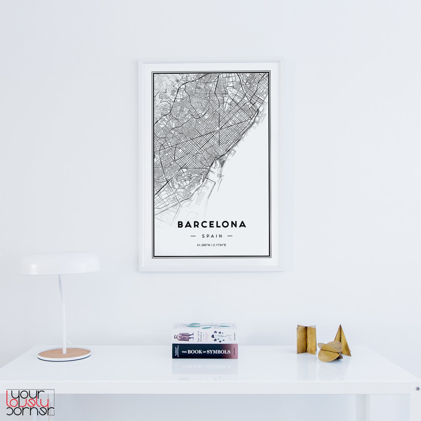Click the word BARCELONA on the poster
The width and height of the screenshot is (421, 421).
(x=212, y=225)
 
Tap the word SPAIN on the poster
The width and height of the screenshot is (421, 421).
(x=212, y=236)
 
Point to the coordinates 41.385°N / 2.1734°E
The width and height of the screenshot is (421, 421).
(x=211, y=245)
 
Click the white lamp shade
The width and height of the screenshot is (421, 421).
(x=60, y=264)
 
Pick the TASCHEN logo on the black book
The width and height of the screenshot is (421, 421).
(x=233, y=351)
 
